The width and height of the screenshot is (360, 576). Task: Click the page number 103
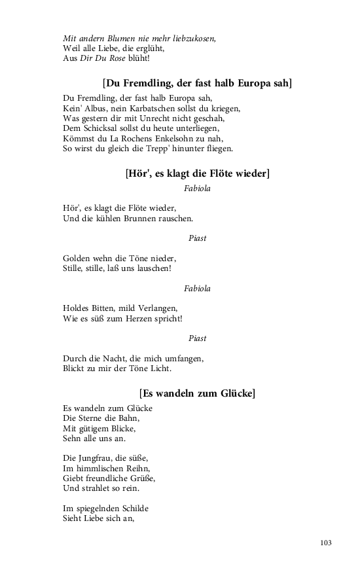[327, 543]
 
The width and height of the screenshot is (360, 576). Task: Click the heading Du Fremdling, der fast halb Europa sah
[197, 83]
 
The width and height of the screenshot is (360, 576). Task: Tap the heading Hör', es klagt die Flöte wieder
[197, 173]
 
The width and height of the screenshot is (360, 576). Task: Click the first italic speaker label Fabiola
[197, 189]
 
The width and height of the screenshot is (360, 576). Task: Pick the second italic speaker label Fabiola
[197, 288]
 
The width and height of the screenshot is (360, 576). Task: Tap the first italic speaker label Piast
[197, 238]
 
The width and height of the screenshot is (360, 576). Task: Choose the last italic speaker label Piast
[197, 338]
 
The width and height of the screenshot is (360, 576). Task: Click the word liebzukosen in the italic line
[193, 39]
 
